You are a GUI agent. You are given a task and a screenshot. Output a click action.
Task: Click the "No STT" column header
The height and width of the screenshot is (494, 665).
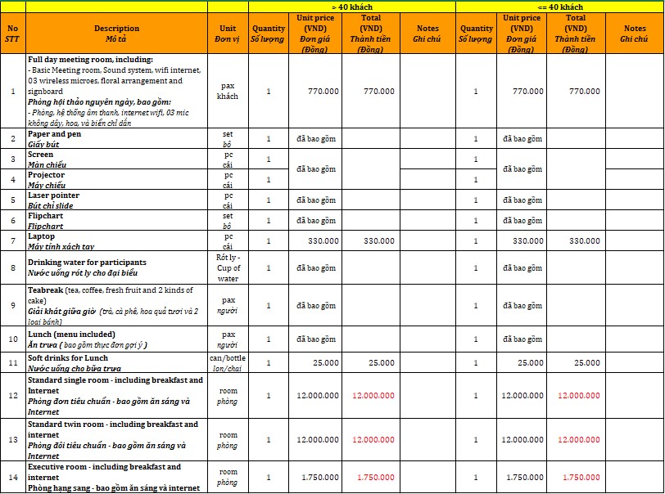(12, 34)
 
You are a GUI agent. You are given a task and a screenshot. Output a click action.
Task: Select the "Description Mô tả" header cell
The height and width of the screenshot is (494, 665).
(116, 34)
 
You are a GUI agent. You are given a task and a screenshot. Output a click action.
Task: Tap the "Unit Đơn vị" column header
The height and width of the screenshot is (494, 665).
(228, 34)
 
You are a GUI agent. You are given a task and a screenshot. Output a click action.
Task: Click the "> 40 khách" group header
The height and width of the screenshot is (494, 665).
(351, 7)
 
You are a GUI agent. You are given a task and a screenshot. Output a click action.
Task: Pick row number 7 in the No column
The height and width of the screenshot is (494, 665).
(12, 241)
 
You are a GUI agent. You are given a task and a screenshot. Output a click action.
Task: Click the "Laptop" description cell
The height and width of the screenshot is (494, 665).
(116, 241)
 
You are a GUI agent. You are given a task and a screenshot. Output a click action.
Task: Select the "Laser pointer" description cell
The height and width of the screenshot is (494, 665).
(116, 200)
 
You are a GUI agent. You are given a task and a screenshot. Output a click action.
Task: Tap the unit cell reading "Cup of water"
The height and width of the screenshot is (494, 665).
(228, 267)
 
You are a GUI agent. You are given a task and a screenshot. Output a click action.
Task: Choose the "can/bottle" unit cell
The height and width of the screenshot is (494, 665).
(228, 362)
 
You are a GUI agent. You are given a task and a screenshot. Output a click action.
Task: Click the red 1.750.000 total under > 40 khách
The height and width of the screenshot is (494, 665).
(375, 477)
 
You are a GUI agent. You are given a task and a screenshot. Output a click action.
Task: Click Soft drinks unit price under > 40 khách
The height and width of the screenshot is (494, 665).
(315, 362)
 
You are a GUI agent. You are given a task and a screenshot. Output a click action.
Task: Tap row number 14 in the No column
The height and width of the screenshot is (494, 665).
(12, 477)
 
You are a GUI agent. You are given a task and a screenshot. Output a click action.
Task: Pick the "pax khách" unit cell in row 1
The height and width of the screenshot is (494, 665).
(228, 91)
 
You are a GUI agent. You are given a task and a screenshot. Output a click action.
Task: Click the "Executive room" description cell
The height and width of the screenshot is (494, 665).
(116, 477)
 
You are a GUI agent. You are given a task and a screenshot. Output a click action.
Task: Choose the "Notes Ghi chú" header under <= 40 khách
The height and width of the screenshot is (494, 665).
(634, 34)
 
